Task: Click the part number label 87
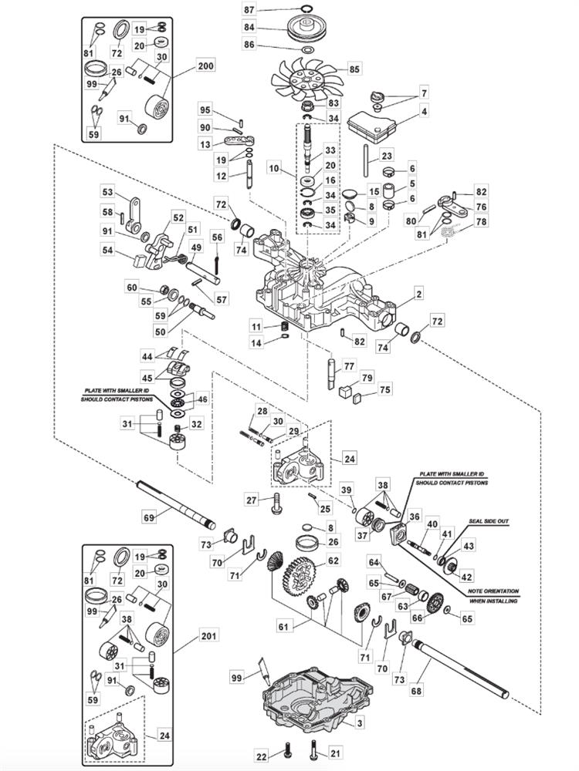[x=249, y=9]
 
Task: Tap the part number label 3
[x=359, y=723]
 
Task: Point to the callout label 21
[x=334, y=753]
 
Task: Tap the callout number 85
[x=354, y=69]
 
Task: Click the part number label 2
[x=418, y=294]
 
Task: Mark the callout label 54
[x=107, y=251]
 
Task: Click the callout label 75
[x=384, y=389]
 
